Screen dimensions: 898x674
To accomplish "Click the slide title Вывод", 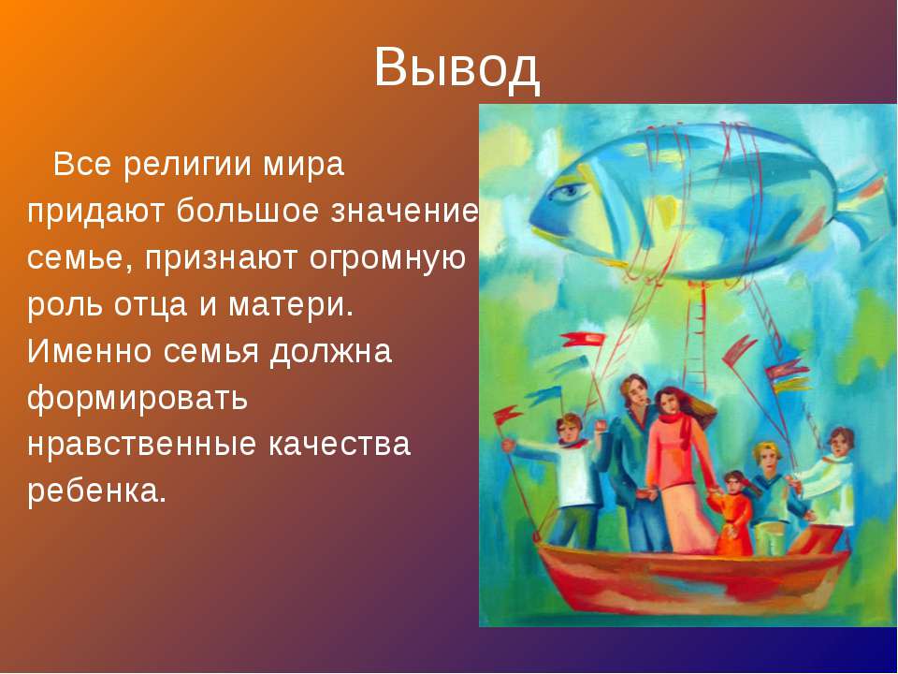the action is point(457,67).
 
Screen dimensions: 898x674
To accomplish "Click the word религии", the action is point(188,166).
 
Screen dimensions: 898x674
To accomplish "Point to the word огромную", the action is point(387,259).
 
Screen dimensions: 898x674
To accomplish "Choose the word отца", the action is point(150,305).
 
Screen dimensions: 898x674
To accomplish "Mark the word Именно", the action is point(90,351).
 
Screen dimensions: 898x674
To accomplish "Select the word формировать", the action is point(137,398).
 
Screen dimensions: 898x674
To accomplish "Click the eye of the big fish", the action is point(569,192).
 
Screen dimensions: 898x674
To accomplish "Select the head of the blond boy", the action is point(767,457).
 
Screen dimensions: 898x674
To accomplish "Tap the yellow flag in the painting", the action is point(790,385).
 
